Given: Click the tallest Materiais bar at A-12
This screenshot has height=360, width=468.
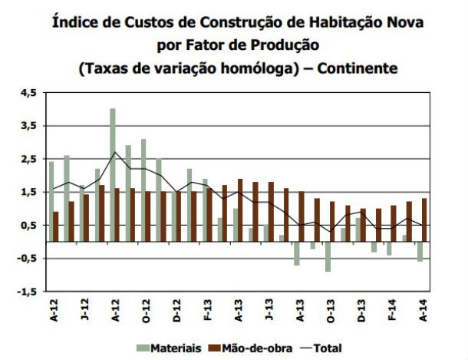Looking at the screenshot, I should click(113, 175).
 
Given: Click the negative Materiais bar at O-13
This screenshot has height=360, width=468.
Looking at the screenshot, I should click(328, 256).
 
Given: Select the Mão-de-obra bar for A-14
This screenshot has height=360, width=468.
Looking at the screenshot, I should click(424, 220).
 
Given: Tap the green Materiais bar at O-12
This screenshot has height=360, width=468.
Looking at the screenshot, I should click(143, 190).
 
